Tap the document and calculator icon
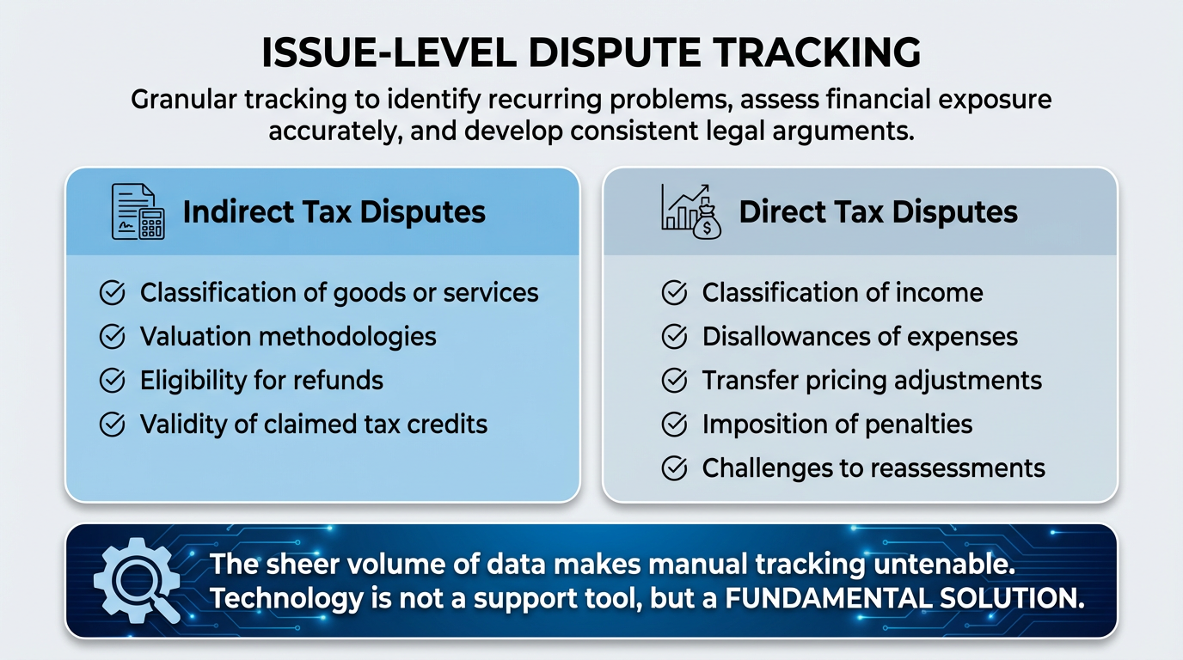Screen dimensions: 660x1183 (138, 211)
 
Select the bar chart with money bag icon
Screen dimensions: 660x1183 (691, 211)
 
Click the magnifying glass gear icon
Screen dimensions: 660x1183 (136, 581)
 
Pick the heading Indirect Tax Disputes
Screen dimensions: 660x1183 (334, 212)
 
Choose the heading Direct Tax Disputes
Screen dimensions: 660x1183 (878, 212)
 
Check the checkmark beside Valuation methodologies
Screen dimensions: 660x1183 (113, 337)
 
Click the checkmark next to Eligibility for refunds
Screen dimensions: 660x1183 (113, 381)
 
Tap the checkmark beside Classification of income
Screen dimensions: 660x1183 (674, 293)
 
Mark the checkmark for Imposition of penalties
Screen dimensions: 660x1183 (674, 425)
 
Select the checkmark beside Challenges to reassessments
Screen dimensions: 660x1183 (674, 468)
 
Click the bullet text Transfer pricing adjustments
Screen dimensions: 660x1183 (872, 381)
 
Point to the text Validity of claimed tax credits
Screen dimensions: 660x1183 (314, 425)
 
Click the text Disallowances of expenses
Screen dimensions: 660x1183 (860, 337)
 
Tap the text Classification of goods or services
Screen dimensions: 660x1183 (340, 293)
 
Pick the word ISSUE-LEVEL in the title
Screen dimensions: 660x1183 (388, 53)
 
